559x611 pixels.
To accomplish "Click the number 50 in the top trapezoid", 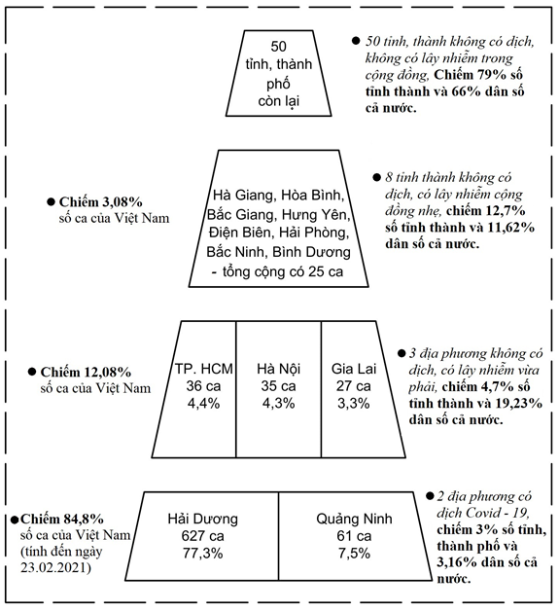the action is [278, 47].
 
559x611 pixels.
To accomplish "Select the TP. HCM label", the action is [203, 368].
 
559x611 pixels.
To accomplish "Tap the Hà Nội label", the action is [279, 368].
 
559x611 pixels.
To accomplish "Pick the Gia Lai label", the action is [354, 368].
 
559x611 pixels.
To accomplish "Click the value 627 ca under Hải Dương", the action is [202, 536].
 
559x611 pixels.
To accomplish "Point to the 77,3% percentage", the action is [202, 554].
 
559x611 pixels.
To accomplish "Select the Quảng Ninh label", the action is [354, 519].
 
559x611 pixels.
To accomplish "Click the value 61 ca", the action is [354, 536].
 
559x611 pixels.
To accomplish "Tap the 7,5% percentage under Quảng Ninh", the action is [354, 554].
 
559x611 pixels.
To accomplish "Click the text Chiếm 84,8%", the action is [62, 519].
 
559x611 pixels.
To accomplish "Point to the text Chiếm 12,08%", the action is [86, 372].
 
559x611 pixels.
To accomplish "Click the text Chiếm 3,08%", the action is [101, 201].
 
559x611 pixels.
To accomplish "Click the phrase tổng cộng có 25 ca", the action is [283, 271].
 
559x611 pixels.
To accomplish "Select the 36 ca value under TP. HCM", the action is [203, 386].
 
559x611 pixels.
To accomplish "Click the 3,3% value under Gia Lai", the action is [354, 404].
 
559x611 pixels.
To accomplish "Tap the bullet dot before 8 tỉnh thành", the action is [376, 178].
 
